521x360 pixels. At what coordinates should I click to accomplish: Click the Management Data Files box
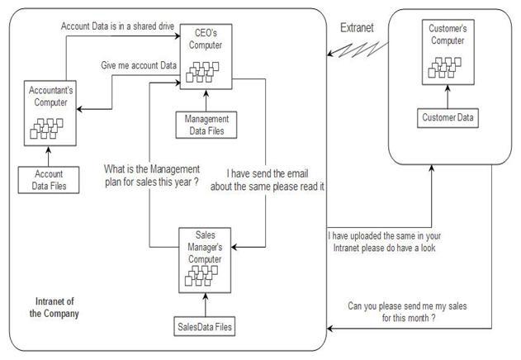[206, 125]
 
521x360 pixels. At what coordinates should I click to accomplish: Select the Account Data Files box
[49, 180]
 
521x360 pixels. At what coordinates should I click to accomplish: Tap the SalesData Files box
[204, 326]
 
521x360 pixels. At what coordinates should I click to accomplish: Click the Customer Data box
[448, 118]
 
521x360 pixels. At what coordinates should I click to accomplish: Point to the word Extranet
[357, 27]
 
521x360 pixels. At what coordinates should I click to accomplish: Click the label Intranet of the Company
[54, 307]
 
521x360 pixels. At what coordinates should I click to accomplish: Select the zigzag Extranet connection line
[358, 50]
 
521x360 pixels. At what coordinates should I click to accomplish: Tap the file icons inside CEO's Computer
[202, 72]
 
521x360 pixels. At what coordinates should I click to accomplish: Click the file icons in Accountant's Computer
[46, 128]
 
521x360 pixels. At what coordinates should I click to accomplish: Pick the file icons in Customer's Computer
[444, 68]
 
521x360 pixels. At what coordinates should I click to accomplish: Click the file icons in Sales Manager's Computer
[201, 276]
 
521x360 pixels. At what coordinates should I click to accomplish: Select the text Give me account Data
[139, 65]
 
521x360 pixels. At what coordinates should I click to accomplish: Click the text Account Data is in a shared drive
[117, 26]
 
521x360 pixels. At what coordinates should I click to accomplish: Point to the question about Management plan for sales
[152, 176]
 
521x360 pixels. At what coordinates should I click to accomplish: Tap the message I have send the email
[268, 180]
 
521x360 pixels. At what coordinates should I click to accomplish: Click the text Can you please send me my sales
[407, 312]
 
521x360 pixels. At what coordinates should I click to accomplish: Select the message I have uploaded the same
[384, 242]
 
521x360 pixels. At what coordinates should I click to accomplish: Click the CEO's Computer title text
[206, 39]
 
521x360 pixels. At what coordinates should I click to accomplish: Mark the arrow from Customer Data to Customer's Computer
[448, 97]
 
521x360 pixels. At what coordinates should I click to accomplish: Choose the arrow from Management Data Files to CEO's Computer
[206, 101]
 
